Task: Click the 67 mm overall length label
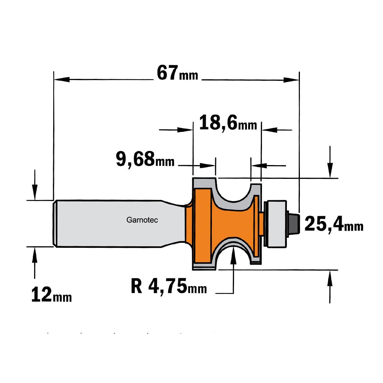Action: click(177, 73)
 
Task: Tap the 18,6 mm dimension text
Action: click(228, 123)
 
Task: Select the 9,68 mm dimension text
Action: click(145, 159)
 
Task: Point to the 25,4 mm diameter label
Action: click(334, 224)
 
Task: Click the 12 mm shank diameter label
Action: click(52, 295)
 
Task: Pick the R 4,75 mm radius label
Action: click(169, 286)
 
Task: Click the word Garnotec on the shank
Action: click(142, 220)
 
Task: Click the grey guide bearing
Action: click(275, 224)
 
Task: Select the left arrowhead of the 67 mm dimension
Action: click(62, 79)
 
